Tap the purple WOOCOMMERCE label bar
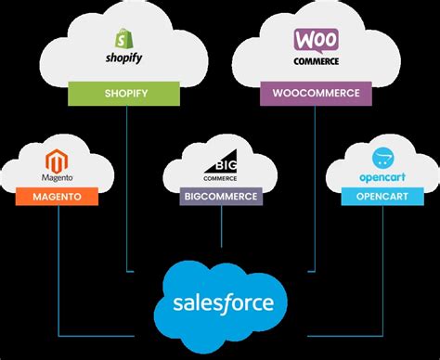[x=316, y=93]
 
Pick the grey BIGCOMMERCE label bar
[x=221, y=197]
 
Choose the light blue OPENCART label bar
[x=381, y=197]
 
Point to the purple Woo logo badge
[x=316, y=41]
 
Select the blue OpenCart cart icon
[x=381, y=157]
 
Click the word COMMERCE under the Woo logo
[x=316, y=62]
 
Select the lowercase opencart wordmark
[x=381, y=175]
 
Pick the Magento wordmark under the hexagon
[x=57, y=176]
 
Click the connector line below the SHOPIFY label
[x=125, y=186]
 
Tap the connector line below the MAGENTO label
[x=58, y=269]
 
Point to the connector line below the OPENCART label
[x=381, y=269]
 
